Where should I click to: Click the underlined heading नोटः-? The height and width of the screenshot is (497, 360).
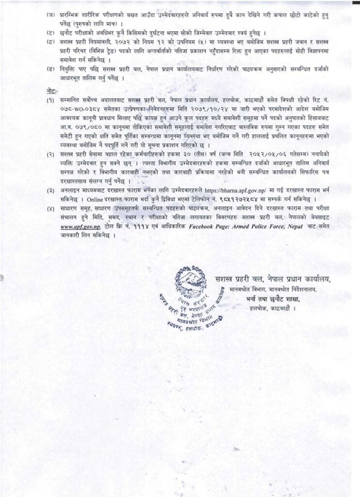pos(52,91)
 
